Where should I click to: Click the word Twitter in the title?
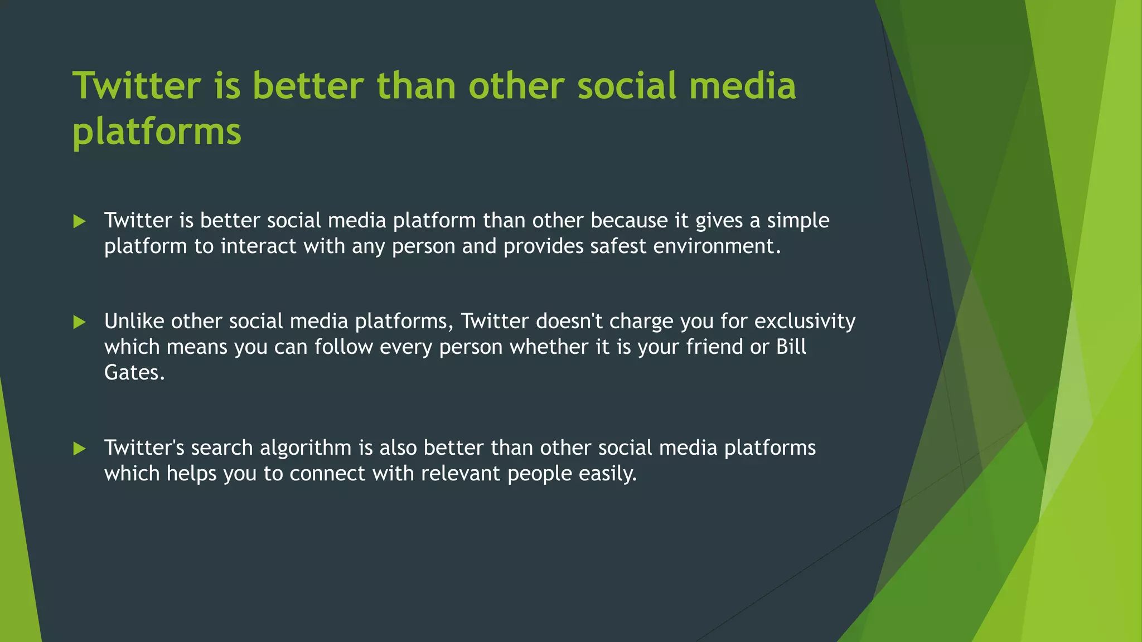[137, 86]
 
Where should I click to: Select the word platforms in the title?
[157, 132]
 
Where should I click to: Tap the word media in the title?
[742, 86]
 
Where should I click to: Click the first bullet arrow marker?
[79, 222]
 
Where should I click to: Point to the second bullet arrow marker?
[79, 322]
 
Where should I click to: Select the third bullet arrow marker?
[79, 449]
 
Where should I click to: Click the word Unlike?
[134, 322]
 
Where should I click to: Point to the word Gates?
[134, 373]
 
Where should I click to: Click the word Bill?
[791, 347]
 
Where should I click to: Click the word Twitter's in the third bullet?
[144, 448]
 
